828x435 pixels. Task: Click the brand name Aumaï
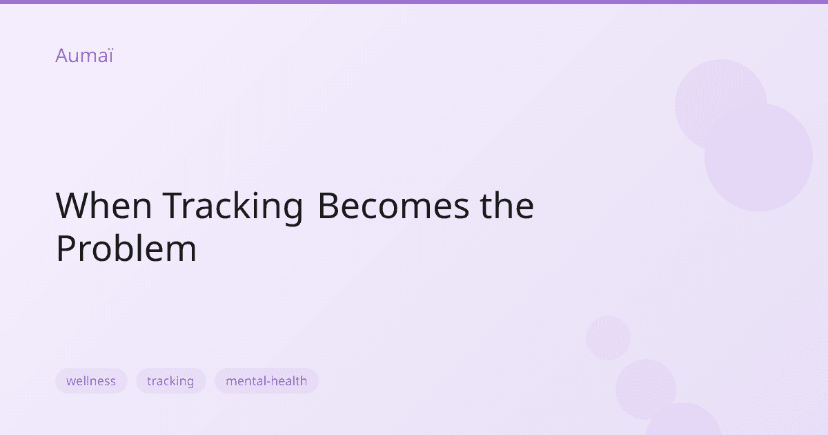tap(83, 56)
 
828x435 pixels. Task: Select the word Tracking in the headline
tap(233, 206)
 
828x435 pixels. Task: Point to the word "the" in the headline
tap(506, 206)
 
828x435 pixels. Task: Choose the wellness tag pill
tap(91, 381)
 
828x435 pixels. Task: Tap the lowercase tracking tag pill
tap(170, 381)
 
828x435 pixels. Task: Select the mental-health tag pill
tap(266, 381)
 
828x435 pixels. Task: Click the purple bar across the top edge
tap(414, 2)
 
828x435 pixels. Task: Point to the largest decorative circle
tap(758, 157)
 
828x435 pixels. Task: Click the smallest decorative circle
tap(608, 338)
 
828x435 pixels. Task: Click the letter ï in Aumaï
tap(110, 56)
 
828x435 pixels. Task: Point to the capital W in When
tap(71, 206)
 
